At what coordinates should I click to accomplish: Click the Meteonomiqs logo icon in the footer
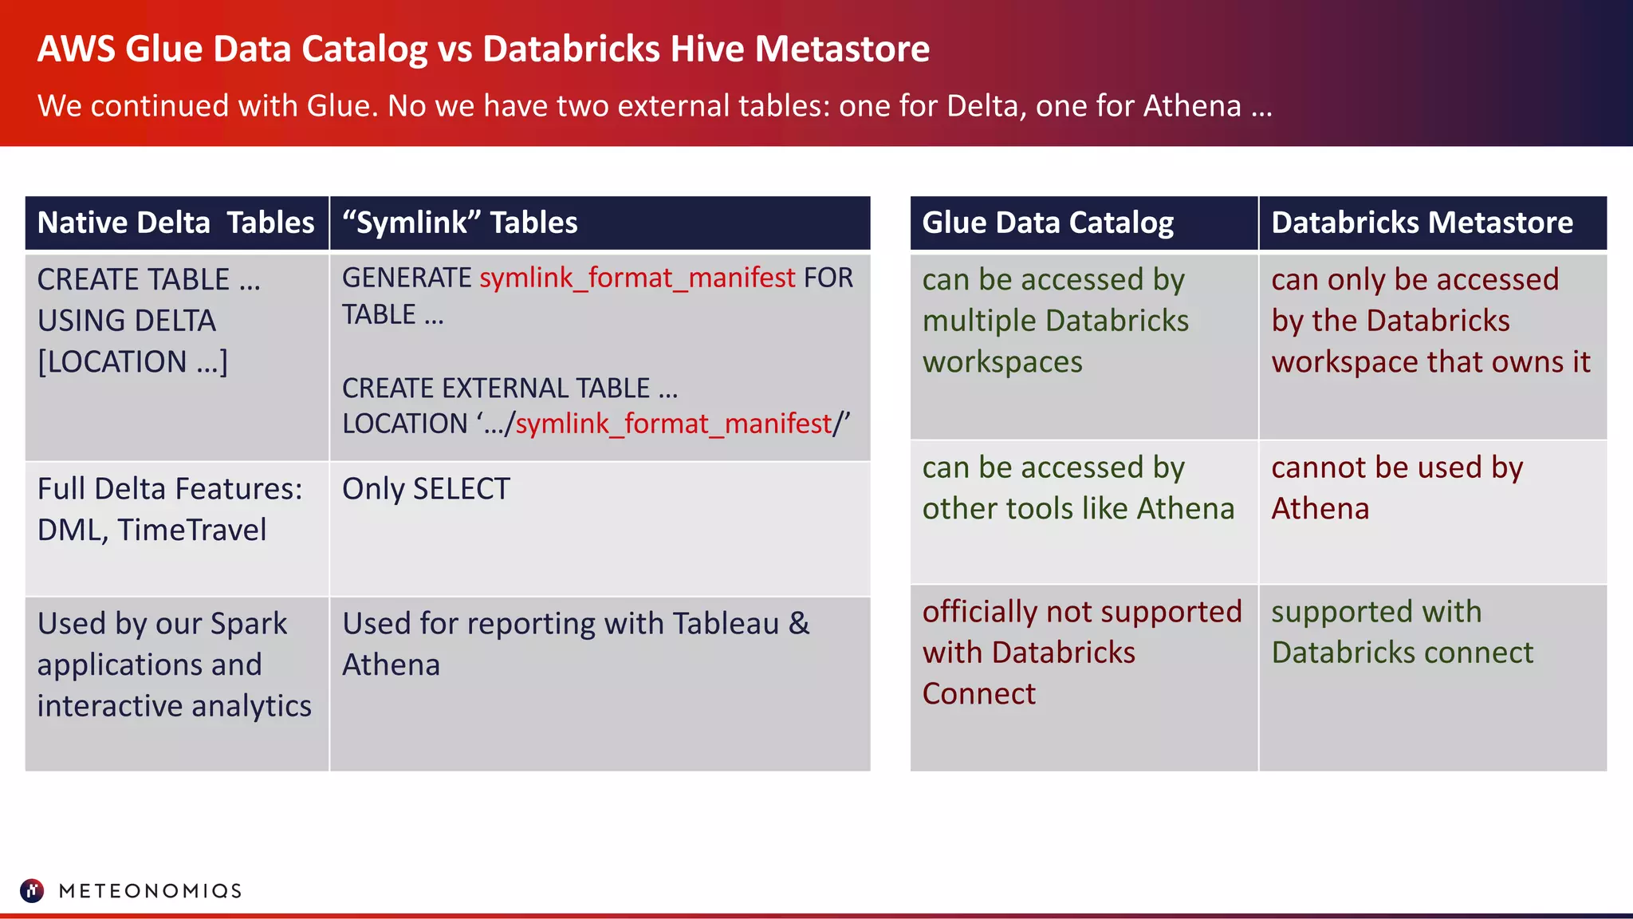pyautogui.click(x=32, y=890)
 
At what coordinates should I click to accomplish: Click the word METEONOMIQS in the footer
pyautogui.click(x=150, y=891)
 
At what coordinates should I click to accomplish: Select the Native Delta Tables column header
pyautogui.click(x=175, y=223)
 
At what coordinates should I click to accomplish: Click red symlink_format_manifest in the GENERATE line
pyautogui.click(x=637, y=278)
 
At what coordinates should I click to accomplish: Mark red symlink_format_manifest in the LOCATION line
pyautogui.click(x=673, y=424)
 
